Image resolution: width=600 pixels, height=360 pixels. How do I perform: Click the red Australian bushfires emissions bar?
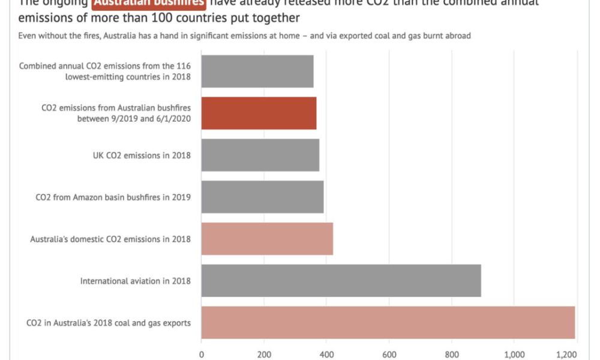click(x=259, y=113)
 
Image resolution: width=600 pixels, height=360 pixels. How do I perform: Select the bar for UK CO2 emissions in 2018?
click(x=260, y=155)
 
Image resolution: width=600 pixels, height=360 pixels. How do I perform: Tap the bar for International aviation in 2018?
click(x=341, y=280)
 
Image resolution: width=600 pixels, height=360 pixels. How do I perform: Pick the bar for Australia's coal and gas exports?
click(x=388, y=322)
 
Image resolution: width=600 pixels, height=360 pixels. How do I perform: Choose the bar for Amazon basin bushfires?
click(x=262, y=197)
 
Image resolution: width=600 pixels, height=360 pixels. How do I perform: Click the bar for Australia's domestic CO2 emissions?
click(x=267, y=239)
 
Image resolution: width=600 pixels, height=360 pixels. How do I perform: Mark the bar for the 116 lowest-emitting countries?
click(x=257, y=71)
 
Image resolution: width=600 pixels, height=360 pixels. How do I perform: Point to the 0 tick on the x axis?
click(x=202, y=354)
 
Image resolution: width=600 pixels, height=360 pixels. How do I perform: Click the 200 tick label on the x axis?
click(x=264, y=354)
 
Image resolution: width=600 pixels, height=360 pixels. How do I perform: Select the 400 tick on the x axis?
click(x=326, y=354)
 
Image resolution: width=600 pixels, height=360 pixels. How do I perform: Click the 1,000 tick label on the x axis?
click(x=514, y=354)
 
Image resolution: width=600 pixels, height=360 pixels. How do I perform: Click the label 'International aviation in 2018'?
click(x=136, y=281)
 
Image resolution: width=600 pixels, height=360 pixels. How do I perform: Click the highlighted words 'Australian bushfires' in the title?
click(x=149, y=2)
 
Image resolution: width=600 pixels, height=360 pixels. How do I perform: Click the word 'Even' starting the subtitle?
click(x=26, y=35)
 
